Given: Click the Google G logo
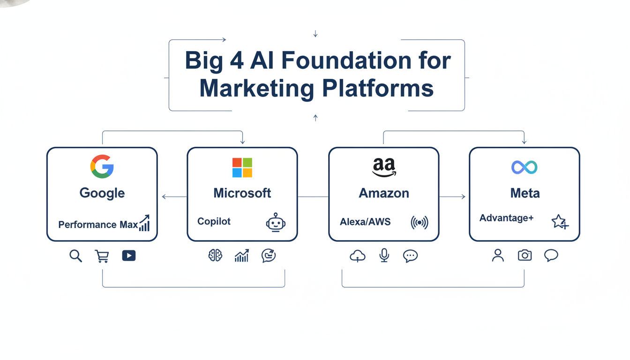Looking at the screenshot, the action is point(102,166).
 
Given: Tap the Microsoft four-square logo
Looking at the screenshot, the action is point(242,168).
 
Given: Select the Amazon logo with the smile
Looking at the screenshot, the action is point(384,167).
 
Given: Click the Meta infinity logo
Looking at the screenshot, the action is point(524,167).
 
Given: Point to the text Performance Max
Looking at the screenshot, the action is point(98,225).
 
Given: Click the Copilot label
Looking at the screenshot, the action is point(214,221).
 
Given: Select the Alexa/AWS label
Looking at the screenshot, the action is point(365,222).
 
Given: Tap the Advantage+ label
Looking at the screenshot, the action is point(506,218).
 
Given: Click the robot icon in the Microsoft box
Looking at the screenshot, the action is point(276,222).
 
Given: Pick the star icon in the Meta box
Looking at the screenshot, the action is point(559,221).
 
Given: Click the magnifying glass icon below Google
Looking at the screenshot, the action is point(75,256).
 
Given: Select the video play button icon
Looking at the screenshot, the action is point(129,255).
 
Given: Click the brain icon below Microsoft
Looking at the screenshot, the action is point(216,255).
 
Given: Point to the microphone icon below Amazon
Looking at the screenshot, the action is point(384,255).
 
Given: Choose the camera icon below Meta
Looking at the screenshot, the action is point(525,255).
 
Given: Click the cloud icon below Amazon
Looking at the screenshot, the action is point(358,256).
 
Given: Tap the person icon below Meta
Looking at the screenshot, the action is point(498,255).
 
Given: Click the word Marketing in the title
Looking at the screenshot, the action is point(256,88).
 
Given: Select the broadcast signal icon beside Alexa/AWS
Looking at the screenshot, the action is point(420,223).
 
